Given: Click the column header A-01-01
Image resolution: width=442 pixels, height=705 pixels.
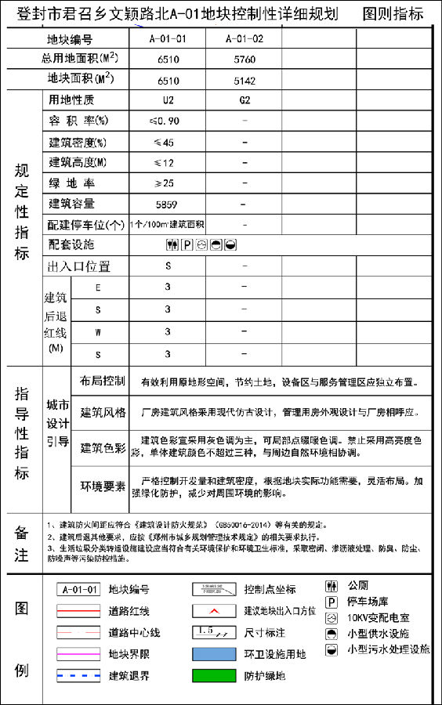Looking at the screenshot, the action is click(168, 38).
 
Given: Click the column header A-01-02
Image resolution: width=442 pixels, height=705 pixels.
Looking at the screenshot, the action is click(244, 38).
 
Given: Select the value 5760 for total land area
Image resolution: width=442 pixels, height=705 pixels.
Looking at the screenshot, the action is click(244, 59).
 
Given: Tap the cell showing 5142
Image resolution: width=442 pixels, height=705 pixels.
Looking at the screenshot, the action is click(244, 80).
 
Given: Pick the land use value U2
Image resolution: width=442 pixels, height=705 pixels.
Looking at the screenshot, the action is click(168, 100).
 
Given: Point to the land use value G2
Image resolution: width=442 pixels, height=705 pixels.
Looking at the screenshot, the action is click(245, 100).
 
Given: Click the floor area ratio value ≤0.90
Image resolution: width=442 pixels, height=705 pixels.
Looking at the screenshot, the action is click(164, 121).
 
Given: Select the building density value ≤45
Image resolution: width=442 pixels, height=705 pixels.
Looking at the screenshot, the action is click(164, 143).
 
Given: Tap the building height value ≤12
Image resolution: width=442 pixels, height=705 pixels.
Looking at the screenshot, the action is click(164, 163).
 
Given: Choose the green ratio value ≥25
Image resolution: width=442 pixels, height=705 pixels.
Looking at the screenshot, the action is click(164, 183).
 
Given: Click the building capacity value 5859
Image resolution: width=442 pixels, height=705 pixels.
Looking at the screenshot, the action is click(166, 204).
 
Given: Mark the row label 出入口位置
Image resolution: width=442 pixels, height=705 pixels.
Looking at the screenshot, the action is click(79, 266).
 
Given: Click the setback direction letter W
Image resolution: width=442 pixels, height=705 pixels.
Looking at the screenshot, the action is click(98, 332).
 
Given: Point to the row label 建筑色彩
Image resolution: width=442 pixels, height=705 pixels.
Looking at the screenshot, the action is click(103, 449).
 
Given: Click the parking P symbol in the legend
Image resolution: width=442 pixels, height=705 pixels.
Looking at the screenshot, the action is click(331, 602).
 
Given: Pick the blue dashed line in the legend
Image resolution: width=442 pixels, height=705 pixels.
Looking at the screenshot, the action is click(78, 674).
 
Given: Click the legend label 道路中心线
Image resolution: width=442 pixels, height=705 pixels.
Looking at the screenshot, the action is click(134, 632).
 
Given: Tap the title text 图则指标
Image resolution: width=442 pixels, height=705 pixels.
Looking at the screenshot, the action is click(393, 14).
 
